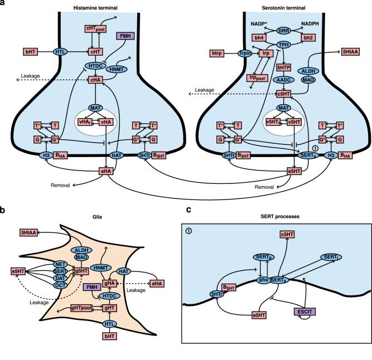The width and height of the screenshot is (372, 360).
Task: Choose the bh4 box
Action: (x=259, y=37)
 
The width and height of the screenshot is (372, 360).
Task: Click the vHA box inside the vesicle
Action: (x=105, y=121)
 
